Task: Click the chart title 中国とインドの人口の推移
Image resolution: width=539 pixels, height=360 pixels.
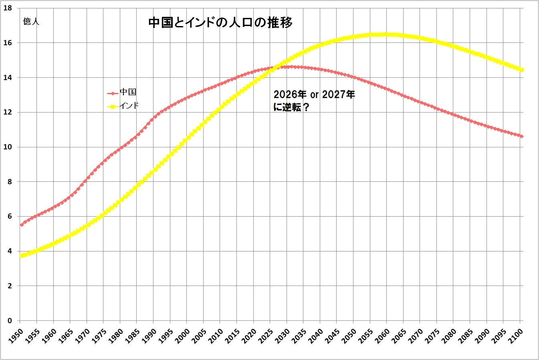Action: pyautogui.click(x=220, y=22)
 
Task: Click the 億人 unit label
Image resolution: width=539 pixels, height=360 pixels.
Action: pyautogui.click(x=31, y=21)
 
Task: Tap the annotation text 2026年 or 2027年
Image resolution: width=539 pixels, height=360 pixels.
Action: pyautogui.click(x=314, y=95)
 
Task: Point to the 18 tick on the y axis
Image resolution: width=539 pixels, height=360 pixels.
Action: pyautogui.click(x=8, y=8)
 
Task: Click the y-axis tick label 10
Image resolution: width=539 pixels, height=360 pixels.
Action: pyautogui.click(x=8, y=147)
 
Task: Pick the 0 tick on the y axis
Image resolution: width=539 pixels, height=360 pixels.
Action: pyautogui.click(x=9, y=321)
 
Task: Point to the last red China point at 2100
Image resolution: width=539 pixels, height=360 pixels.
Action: pyautogui.click(x=521, y=137)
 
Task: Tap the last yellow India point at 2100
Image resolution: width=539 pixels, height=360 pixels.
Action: pyautogui.click(x=521, y=70)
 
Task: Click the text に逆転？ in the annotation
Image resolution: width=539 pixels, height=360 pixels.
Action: pyautogui.click(x=291, y=107)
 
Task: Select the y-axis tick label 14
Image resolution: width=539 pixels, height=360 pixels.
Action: pyautogui.click(x=8, y=77)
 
